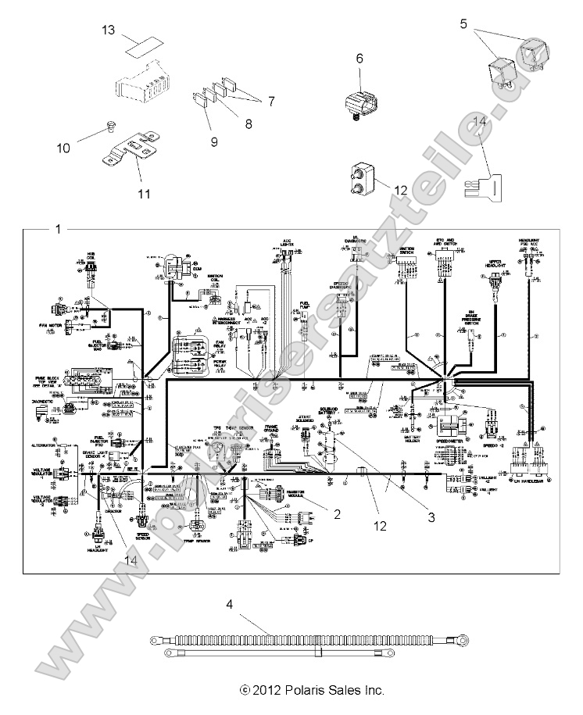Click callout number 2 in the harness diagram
[x=336, y=513]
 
